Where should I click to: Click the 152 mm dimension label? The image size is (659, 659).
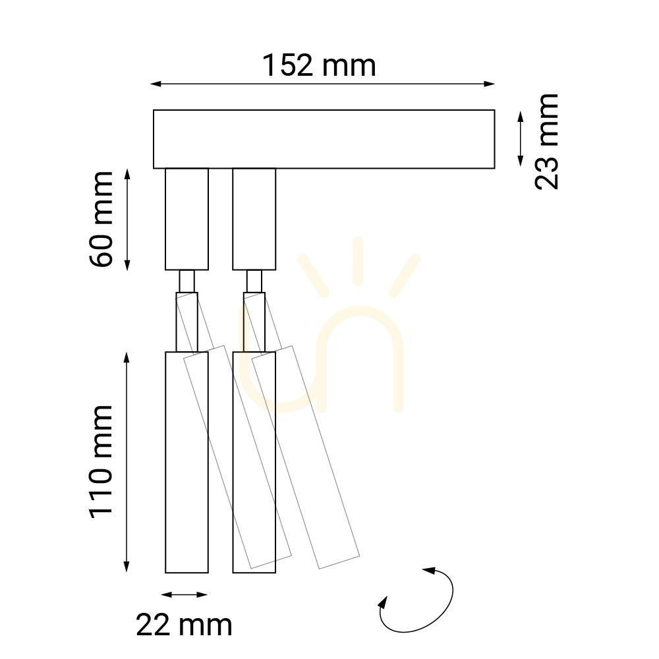[x=319, y=66]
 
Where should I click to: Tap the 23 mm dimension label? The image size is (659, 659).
[x=546, y=142]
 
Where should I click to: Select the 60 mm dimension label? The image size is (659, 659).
[x=101, y=219]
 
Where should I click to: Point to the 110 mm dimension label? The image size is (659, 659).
[x=101, y=462]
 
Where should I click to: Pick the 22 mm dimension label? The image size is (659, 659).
[x=184, y=625]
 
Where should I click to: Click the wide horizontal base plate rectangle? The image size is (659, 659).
[x=324, y=139]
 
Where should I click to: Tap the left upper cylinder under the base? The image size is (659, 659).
[x=186, y=219]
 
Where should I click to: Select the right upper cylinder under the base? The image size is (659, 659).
[x=254, y=219]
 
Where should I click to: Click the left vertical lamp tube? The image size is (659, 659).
[x=186, y=462]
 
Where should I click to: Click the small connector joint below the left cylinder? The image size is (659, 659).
[x=186, y=281]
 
